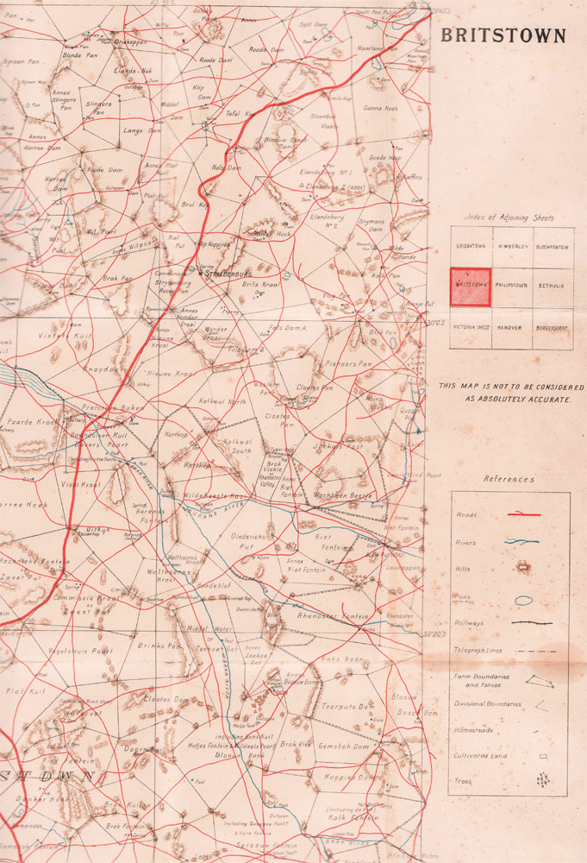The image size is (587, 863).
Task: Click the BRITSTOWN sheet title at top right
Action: click(503, 36)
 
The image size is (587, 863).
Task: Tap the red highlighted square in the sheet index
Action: click(471, 287)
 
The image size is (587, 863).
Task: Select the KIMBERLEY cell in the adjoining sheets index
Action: click(512, 246)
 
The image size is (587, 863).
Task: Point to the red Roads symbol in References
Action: click(523, 514)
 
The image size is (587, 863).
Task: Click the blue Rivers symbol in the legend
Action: click(523, 542)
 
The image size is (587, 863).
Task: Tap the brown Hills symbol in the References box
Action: click(523, 569)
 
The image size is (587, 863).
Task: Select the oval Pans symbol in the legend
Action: click(523, 599)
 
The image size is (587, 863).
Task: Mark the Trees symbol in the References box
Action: click(523, 783)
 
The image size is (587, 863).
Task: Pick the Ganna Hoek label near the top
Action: click(379, 108)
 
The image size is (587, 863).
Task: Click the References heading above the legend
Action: click(509, 479)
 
